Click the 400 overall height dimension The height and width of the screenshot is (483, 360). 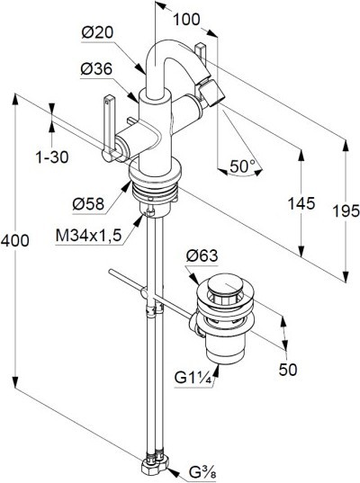15,240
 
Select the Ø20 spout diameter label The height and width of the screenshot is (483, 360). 97,32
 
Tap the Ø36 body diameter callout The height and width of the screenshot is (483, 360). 96,69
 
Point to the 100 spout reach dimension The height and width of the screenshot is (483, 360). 186,20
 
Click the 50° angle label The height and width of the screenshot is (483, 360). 243,166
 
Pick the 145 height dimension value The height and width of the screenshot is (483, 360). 301,203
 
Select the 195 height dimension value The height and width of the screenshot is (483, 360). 346,211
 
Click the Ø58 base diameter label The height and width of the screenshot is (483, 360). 89,204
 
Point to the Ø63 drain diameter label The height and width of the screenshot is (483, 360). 202,255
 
